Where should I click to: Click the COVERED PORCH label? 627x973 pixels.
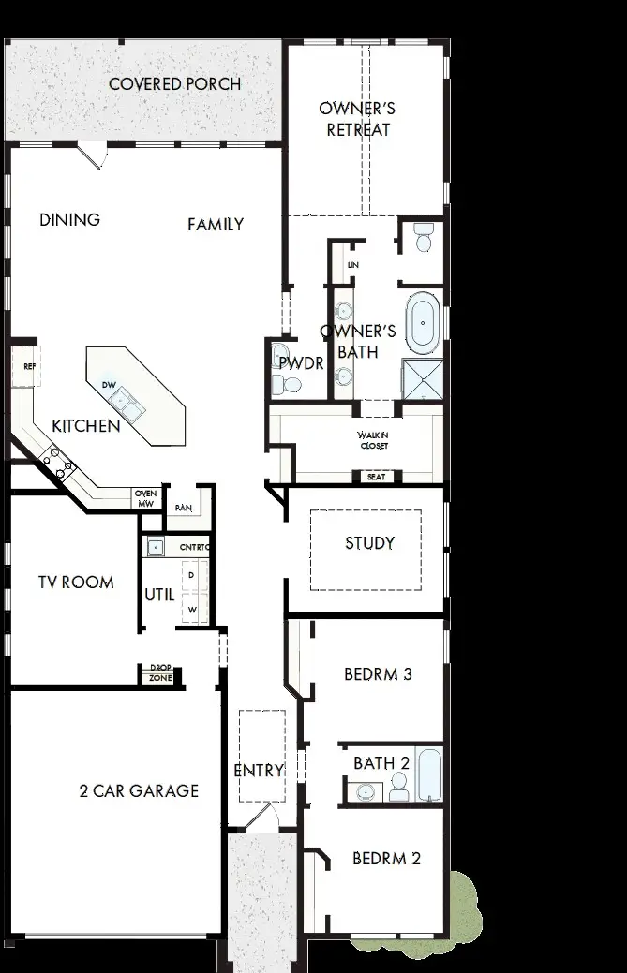pyautogui.click(x=174, y=84)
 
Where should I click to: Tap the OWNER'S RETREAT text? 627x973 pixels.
pyautogui.click(x=357, y=119)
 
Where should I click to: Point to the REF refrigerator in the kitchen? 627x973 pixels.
pyautogui.click(x=28, y=367)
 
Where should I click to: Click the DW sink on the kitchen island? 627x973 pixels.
pyautogui.click(x=126, y=403)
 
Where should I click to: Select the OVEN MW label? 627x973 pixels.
pyautogui.click(x=145, y=498)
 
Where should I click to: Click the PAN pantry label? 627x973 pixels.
pyautogui.click(x=183, y=508)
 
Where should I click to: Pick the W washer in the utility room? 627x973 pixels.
pyautogui.click(x=193, y=610)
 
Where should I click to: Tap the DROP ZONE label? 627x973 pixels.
pyautogui.click(x=160, y=673)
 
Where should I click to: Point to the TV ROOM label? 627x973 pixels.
pyautogui.click(x=76, y=582)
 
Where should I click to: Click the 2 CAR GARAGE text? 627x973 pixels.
pyautogui.click(x=139, y=790)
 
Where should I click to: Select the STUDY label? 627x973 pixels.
pyautogui.click(x=369, y=543)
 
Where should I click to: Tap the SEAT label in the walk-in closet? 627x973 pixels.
pyautogui.click(x=375, y=477)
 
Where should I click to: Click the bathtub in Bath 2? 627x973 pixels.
pyautogui.click(x=428, y=774)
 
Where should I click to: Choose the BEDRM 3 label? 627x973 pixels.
pyautogui.click(x=378, y=673)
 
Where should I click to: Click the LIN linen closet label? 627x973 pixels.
pyautogui.click(x=352, y=265)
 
